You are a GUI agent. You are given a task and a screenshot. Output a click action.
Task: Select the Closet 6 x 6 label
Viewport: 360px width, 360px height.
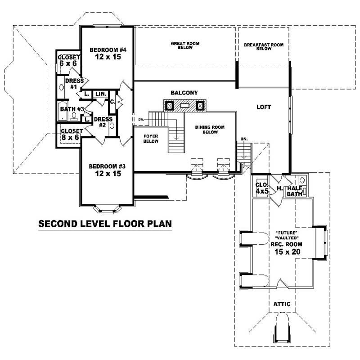(x=69, y=61)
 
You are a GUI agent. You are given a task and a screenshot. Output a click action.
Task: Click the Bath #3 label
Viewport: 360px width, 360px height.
(x=72, y=108)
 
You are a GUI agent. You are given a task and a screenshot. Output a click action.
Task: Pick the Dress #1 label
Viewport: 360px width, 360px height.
(x=74, y=84)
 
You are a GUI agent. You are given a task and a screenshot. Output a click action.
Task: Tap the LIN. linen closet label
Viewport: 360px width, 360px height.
(x=100, y=94)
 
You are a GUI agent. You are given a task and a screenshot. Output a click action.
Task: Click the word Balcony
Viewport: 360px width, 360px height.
(x=184, y=93)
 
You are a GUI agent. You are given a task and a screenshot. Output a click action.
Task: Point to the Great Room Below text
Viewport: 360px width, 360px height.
(x=185, y=45)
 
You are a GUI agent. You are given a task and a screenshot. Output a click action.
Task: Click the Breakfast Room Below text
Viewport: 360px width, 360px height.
(x=263, y=47)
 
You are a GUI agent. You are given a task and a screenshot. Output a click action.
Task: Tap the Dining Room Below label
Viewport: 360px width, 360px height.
(x=210, y=130)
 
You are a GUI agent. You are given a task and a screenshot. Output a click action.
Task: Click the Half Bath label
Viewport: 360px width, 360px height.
(x=295, y=191)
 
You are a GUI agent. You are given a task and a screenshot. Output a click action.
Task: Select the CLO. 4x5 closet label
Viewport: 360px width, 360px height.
(x=262, y=188)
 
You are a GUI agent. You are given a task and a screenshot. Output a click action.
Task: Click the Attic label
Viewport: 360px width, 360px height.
(x=282, y=304)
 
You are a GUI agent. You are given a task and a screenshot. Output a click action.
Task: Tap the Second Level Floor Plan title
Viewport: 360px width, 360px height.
(x=104, y=224)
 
